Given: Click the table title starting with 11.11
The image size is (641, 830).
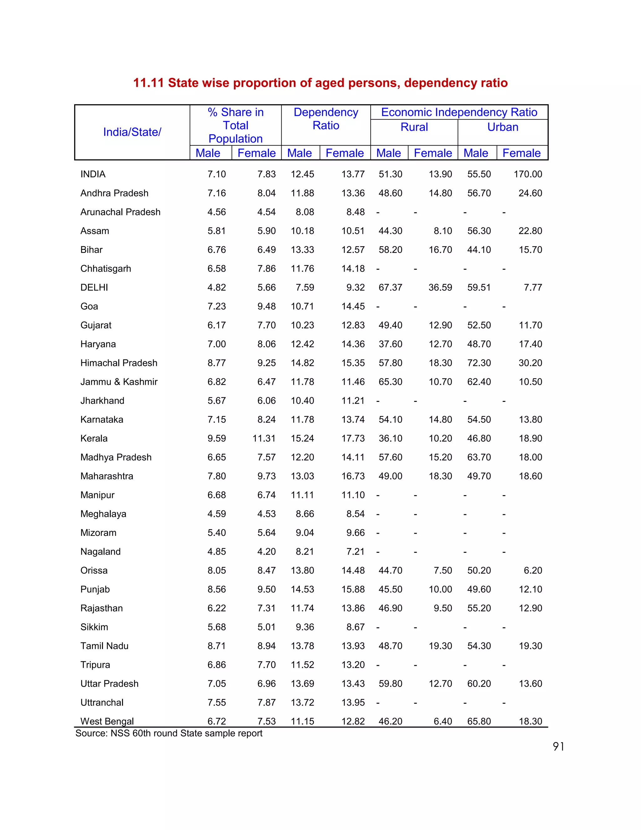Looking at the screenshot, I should pos(320,83).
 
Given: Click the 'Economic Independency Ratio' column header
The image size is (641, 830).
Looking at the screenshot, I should pos(459,112).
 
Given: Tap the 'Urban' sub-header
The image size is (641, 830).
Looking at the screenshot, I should pos(503,127).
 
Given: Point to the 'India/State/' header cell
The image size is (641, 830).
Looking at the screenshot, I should pos(132,132).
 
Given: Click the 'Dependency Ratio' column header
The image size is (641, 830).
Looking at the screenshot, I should pos(326,119).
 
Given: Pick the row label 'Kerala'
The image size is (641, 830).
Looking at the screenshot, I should pos(94,438).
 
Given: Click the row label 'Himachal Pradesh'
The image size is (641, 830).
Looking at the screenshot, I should pos(119,363).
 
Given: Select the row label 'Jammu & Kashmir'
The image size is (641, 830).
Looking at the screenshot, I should pos(119,381).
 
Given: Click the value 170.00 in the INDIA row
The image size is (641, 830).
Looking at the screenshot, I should pos(528,174).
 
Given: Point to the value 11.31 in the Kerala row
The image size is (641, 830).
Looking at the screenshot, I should pos(264,438).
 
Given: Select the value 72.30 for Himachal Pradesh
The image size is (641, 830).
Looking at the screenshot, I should pos(479,363).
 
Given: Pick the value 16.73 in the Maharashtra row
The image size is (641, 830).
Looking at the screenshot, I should pos(353,476).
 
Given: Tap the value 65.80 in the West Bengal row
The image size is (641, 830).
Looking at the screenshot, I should pos(479,721).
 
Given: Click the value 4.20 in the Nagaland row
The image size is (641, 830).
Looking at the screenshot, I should pos(266,552).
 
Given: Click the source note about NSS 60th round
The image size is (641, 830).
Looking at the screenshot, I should pos(169,733).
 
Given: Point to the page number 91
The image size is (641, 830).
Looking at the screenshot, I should pos(558,747).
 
